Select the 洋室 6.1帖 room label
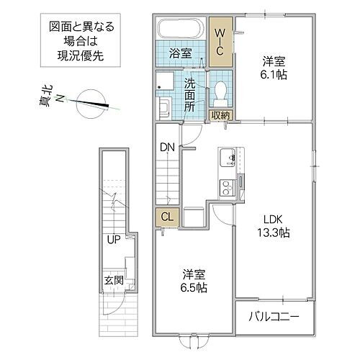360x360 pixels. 271,66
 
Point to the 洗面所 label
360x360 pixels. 190,94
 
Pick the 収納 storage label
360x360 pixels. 220,115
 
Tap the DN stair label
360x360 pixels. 167,148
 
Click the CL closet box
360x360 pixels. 166,217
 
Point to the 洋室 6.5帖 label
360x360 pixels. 194,281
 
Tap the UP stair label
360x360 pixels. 113,239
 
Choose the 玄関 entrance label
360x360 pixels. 111,280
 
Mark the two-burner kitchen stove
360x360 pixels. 226,186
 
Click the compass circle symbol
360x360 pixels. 91,100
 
